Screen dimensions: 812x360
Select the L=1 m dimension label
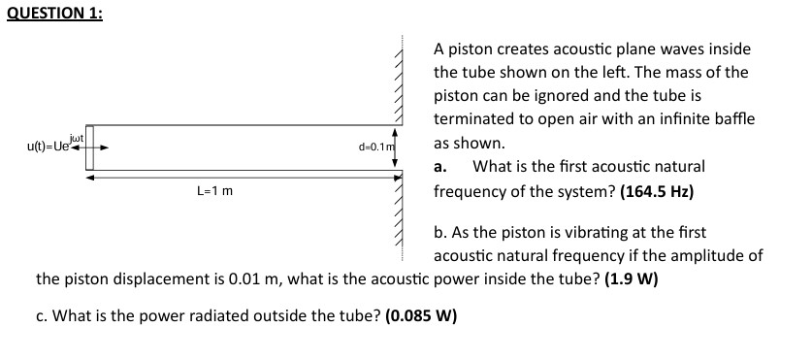(x=214, y=192)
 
